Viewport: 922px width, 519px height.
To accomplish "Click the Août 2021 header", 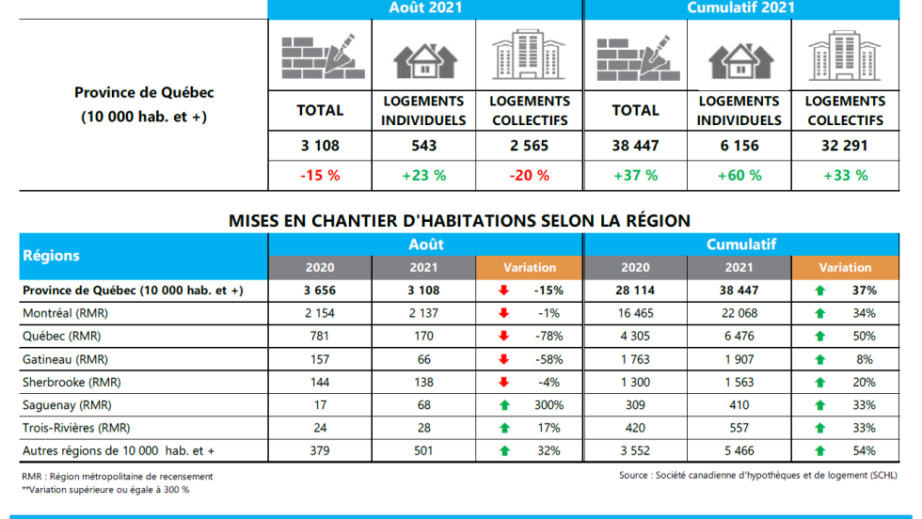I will point(425,8).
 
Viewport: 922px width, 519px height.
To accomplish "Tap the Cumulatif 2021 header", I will point(741,8).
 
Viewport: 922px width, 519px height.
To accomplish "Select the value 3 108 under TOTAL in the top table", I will point(320,146).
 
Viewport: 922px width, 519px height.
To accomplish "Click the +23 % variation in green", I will point(424,175).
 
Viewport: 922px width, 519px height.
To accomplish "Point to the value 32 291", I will point(845,146).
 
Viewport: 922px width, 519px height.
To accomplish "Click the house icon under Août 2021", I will point(424,58).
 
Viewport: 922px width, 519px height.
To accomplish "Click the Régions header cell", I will point(52,256).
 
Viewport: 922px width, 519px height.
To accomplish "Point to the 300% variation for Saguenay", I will point(548,405).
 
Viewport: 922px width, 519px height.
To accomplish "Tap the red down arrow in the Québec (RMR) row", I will point(503,336).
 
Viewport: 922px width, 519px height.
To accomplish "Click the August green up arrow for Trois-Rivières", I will point(503,428).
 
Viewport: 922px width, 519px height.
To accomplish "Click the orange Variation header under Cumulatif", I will point(845,268).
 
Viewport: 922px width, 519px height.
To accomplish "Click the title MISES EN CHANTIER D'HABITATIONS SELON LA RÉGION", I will point(460,221).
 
